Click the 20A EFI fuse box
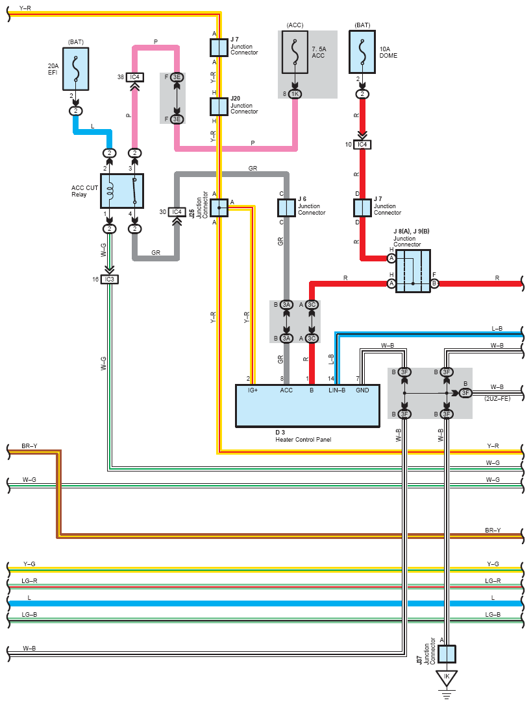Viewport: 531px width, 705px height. coord(75,69)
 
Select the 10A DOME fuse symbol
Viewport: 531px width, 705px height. coord(362,52)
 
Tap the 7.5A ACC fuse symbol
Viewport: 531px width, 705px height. coord(295,52)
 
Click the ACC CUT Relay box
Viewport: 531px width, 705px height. coord(122,191)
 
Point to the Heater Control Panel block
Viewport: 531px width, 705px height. coord(308,405)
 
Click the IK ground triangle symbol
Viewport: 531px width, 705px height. coord(447,678)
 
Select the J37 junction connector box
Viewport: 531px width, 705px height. coord(447,654)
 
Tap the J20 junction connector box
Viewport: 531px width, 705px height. coord(219,106)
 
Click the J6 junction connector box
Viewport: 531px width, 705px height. coord(286,208)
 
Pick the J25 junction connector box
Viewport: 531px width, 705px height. coord(219,208)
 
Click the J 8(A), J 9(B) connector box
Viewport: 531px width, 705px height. coord(413,271)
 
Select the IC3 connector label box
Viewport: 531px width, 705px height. coord(109,280)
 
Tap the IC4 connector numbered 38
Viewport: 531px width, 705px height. coord(134,77)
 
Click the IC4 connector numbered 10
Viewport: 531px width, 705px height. coord(362,145)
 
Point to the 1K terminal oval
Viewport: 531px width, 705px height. coord(295,94)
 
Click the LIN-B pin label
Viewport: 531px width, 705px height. coord(337,390)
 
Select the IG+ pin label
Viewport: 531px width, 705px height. coord(253,390)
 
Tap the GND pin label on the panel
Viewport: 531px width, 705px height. coord(362,390)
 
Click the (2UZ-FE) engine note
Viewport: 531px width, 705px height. coord(497,398)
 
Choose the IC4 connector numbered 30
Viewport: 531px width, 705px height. coord(177,212)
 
